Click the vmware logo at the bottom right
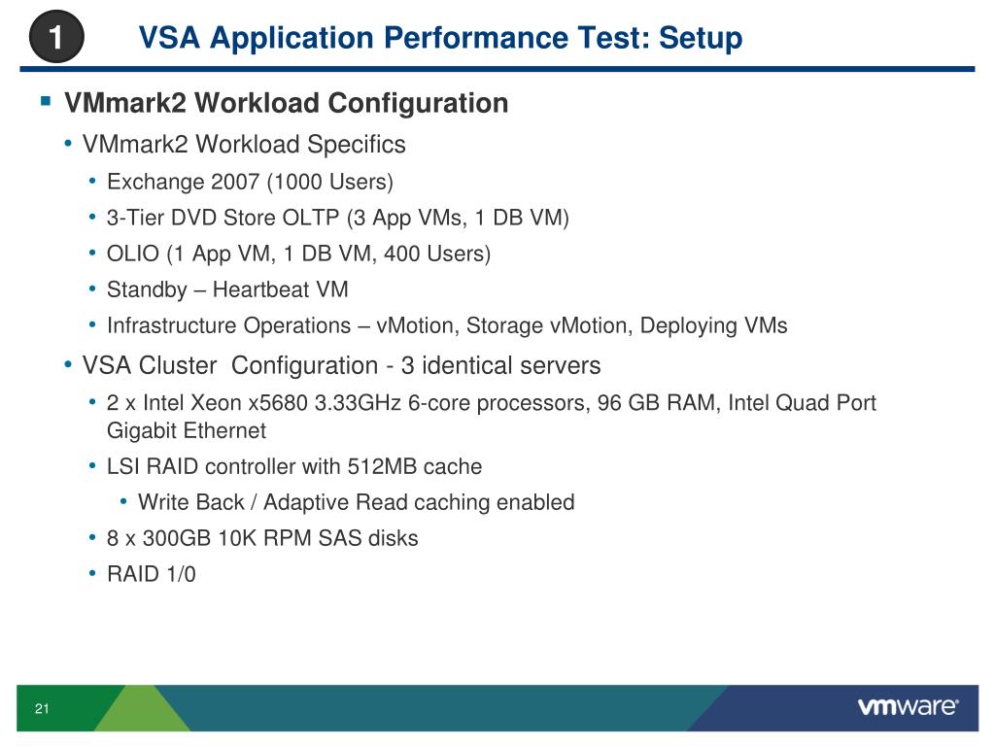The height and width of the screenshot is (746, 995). point(908,707)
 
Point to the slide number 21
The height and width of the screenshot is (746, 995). point(42,709)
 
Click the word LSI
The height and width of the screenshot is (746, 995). point(123,466)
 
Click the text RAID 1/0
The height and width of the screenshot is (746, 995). point(151,574)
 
